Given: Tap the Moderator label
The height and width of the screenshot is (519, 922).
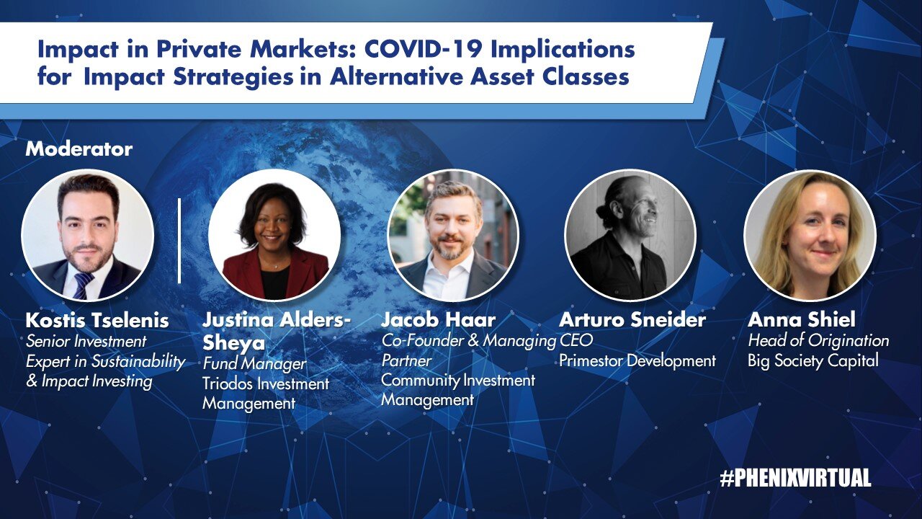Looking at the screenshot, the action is [x=79, y=149].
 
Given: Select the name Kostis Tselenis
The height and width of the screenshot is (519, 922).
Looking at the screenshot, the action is [x=97, y=321].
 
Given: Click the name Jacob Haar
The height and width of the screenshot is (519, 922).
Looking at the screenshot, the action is [x=439, y=319].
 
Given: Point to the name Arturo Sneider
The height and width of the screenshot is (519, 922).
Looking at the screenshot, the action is [x=632, y=319].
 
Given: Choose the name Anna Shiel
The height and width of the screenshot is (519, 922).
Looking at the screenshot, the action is [x=802, y=319].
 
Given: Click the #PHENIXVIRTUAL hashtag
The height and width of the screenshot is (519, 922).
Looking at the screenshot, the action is [x=795, y=478].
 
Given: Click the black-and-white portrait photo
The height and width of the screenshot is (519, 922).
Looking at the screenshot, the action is [x=630, y=235].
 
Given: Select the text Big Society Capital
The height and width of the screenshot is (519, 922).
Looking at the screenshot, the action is [x=813, y=361].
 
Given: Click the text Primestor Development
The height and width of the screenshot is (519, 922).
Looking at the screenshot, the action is [x=637, y=361].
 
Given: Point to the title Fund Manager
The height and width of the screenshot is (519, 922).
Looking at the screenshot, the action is [x=254, y=364].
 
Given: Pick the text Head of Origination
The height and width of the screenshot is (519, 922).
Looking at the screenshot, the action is [x=818, y=341].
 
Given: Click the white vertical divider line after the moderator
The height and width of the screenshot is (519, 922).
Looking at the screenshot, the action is [x=179, y=241].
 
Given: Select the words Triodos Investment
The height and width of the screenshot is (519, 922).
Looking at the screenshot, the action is [x=266, y=384].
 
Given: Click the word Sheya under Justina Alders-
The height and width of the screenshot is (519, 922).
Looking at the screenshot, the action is [x=233, y=343].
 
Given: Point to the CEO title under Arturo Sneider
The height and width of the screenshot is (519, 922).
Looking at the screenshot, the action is [x=576, y=341].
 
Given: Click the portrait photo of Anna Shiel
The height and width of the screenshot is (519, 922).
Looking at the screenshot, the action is [x=810, y=235].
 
